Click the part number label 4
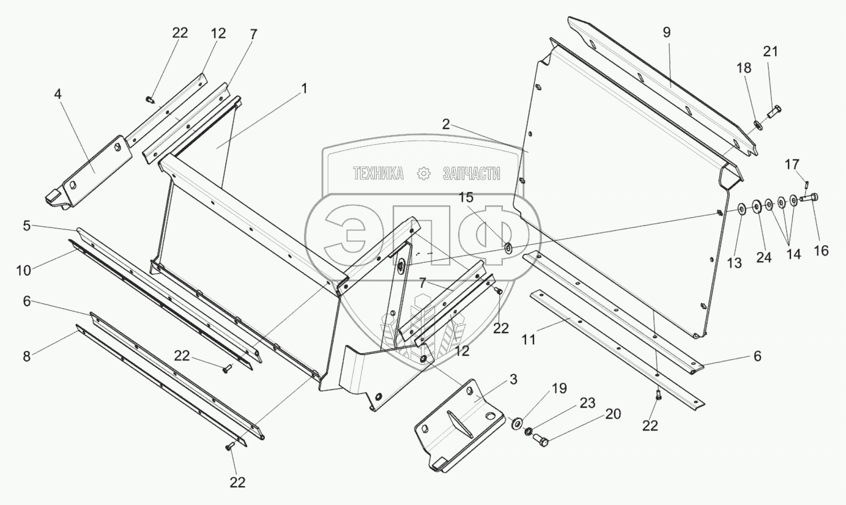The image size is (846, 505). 58,95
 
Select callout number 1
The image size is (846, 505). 303,89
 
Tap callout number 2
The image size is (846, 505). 447,125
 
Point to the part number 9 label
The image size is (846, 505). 667,32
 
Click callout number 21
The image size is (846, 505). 771,51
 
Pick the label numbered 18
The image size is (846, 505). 744,68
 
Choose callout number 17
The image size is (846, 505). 792,164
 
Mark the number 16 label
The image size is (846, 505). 821,250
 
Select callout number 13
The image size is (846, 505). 734,263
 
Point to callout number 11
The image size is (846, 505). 529,339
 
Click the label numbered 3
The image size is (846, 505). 513,380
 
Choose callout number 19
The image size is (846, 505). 558,388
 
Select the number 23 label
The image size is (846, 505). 587,403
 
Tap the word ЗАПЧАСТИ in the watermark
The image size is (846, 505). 472,174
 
